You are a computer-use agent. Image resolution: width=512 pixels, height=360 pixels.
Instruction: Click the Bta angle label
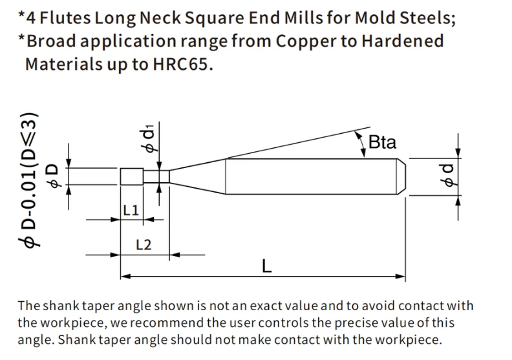382,142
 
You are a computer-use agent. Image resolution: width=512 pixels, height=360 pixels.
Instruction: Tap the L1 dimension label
131,210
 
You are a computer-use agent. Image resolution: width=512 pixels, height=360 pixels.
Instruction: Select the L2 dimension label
144,245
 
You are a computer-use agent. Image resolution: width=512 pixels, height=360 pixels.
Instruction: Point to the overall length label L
267,266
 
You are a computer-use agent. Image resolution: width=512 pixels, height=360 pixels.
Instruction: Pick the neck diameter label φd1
147,138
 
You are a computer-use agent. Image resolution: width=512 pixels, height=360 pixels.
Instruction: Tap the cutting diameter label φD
53,176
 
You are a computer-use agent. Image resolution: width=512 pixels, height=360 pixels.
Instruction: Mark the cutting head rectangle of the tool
132,176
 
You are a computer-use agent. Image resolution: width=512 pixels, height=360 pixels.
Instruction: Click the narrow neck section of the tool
156,176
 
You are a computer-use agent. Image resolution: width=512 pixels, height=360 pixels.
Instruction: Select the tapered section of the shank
198,176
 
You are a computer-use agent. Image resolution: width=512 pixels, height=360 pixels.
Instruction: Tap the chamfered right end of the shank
401,176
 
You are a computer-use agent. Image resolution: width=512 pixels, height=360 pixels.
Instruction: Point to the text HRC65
183,63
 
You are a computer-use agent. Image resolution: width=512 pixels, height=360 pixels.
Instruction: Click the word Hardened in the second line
403,41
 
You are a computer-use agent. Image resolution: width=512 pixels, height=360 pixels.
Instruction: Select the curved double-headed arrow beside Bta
361,143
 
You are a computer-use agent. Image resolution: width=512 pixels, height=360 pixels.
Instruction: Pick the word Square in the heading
214,18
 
